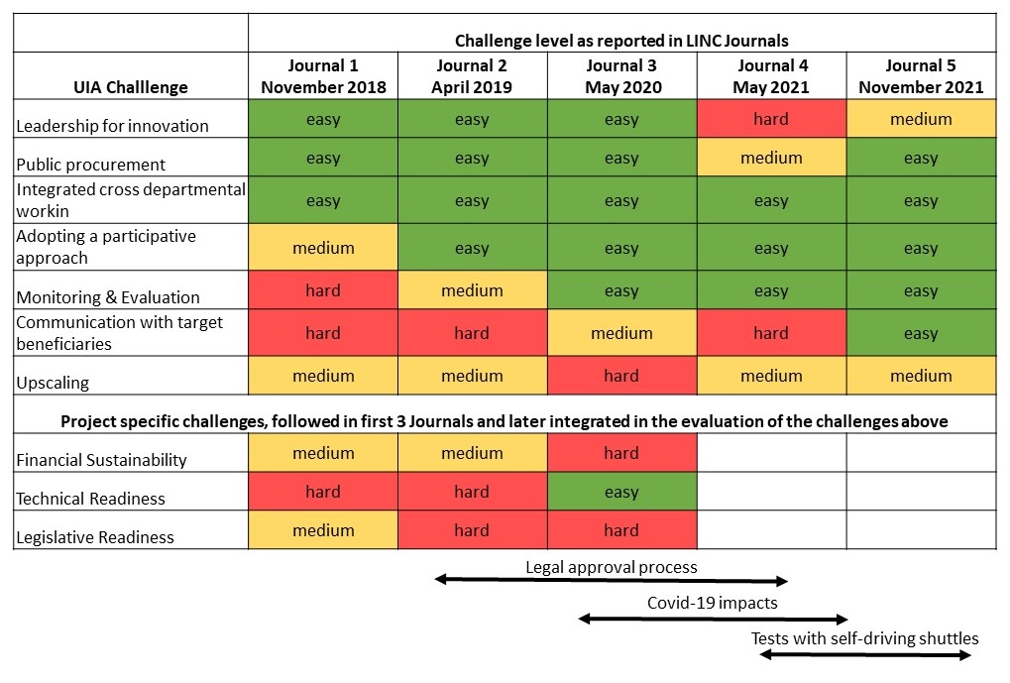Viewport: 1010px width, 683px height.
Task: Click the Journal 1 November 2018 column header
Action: (x=323, y=76)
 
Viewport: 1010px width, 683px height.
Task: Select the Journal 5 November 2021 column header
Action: (x=921, y=76)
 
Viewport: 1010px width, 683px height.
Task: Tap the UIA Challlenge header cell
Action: (x=130, y=86)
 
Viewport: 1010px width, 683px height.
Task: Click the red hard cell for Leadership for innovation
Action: (x=771, y=119)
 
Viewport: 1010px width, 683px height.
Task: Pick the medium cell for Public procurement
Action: (x=771, y=158)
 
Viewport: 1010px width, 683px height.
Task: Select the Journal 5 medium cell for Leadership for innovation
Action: (x=921, y=119)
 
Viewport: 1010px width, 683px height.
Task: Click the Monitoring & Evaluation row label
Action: (x=108, y=296)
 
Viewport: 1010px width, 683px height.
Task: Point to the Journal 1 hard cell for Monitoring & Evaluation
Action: (x=323, y=290)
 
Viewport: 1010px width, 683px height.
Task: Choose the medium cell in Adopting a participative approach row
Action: (x=323, y=248)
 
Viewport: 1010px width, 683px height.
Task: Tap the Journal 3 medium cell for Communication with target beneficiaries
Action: (x=621, y=333)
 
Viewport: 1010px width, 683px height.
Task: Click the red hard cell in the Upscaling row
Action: (x=621, y=376)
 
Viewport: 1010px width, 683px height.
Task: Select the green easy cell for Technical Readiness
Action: (x=621, y=492)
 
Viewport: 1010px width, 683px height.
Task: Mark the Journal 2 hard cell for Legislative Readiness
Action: (x=472, y=530)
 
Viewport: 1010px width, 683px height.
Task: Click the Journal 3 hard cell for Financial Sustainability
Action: (x=621, y=453)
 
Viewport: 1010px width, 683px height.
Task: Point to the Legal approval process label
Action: (x=611, y=567)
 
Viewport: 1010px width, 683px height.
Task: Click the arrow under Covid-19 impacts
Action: (x=713, y=620)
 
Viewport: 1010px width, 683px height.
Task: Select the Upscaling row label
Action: (x=53, y=383)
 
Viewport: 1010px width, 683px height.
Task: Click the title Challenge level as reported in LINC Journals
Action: (x=621, y=41)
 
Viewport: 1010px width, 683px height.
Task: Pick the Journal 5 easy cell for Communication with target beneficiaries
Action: (x=921, y=333)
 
